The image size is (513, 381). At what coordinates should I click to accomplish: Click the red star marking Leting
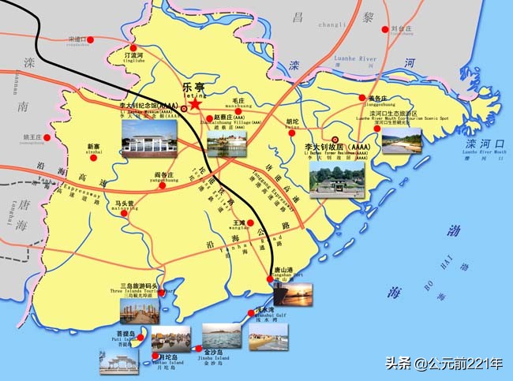[195, 103]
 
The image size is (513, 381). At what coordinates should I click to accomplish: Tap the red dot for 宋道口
[91, 39]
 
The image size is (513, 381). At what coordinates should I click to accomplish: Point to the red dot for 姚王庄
[47, 137]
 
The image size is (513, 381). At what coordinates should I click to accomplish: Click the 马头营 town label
[124, 203]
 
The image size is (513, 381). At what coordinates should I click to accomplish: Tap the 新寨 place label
[94, 147]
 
